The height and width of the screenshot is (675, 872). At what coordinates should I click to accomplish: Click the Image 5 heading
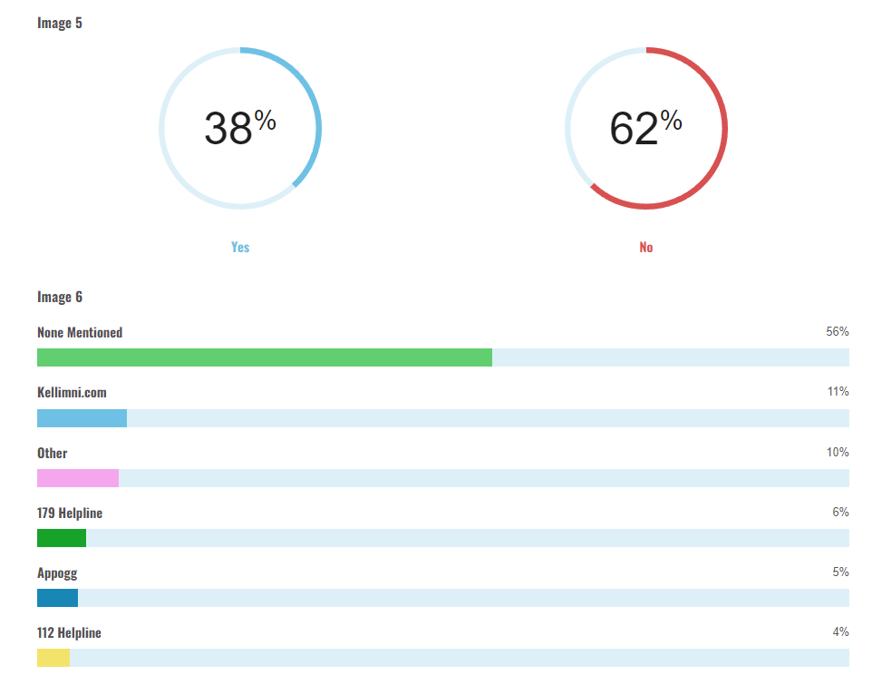(60, 23)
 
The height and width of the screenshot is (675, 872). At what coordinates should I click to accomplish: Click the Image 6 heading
(60, 297)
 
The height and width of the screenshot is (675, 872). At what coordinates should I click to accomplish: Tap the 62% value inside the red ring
(644, 128)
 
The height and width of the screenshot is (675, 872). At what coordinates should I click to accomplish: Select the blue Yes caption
(240, 247)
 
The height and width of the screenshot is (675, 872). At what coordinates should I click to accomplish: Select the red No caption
(645, 247)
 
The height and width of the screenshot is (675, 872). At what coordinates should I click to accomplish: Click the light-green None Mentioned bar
(264, 357)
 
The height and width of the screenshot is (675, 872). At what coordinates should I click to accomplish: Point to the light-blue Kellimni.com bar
(82, 418)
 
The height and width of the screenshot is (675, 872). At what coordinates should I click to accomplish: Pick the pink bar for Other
(77, 478)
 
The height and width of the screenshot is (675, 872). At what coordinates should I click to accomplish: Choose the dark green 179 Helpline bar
(62, 538)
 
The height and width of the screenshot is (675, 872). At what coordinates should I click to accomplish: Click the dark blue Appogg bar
(57, 598)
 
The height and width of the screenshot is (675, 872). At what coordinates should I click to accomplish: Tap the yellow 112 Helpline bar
(53, 658)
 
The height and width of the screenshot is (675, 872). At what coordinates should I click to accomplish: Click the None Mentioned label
(80, 333)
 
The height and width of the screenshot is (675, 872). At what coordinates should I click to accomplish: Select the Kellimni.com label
(72, 392)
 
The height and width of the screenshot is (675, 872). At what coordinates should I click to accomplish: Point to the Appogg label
(57, 572)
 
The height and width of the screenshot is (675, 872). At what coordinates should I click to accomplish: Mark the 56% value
(837, 332)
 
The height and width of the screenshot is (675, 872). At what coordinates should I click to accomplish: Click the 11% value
(838, 392)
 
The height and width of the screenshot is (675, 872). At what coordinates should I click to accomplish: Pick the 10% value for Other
(838, 452)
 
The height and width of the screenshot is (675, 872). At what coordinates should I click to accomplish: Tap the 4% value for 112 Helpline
(840, 631)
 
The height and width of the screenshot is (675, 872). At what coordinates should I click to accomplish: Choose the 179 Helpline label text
(70, 513)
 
